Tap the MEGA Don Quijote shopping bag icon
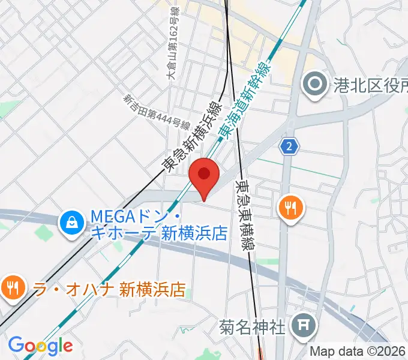click(71, 222)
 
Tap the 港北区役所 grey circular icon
click(315, 85)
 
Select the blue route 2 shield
click(290, 146)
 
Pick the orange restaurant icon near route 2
click(291, 208)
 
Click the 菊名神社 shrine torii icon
click(301, 326)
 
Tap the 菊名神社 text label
click(251, 327)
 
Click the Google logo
click(40, 345)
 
